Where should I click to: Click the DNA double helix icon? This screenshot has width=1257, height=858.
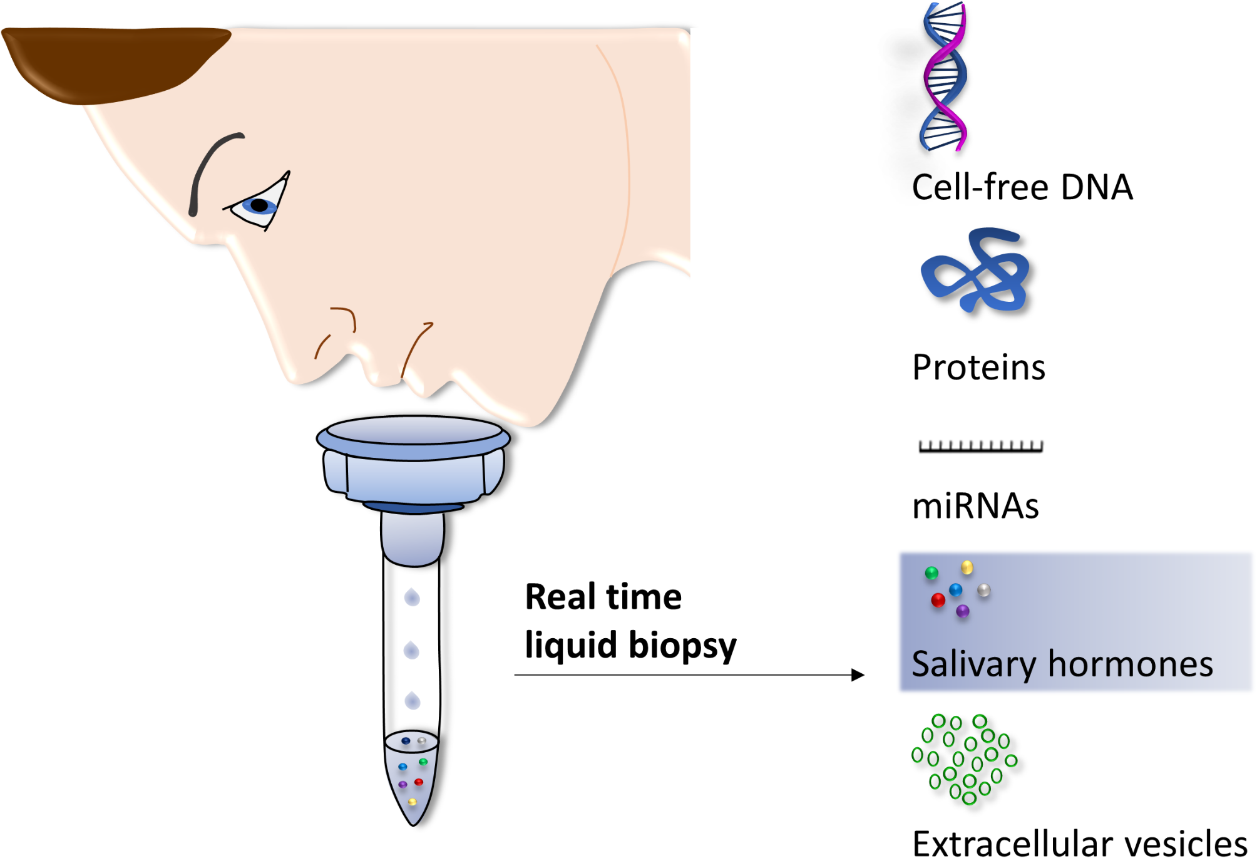944,76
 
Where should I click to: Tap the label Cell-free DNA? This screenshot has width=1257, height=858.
1022,187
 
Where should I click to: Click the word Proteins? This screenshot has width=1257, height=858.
978,368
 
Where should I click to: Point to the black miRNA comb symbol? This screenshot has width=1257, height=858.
980,447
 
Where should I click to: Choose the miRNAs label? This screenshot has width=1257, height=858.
975,506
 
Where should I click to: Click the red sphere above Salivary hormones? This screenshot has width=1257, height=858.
938,601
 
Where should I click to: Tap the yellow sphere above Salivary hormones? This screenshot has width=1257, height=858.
967,567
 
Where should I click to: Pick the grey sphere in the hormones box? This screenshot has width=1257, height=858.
984,590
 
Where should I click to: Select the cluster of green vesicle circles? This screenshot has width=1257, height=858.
964,758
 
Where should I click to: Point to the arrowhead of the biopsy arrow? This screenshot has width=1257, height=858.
859,675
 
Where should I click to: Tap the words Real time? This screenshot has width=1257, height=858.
603,597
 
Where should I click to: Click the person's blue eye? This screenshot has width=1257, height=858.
259,205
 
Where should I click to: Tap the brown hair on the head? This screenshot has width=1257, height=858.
113,63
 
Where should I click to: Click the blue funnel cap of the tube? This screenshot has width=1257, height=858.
413,460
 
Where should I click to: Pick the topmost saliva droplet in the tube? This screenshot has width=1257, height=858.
412,597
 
